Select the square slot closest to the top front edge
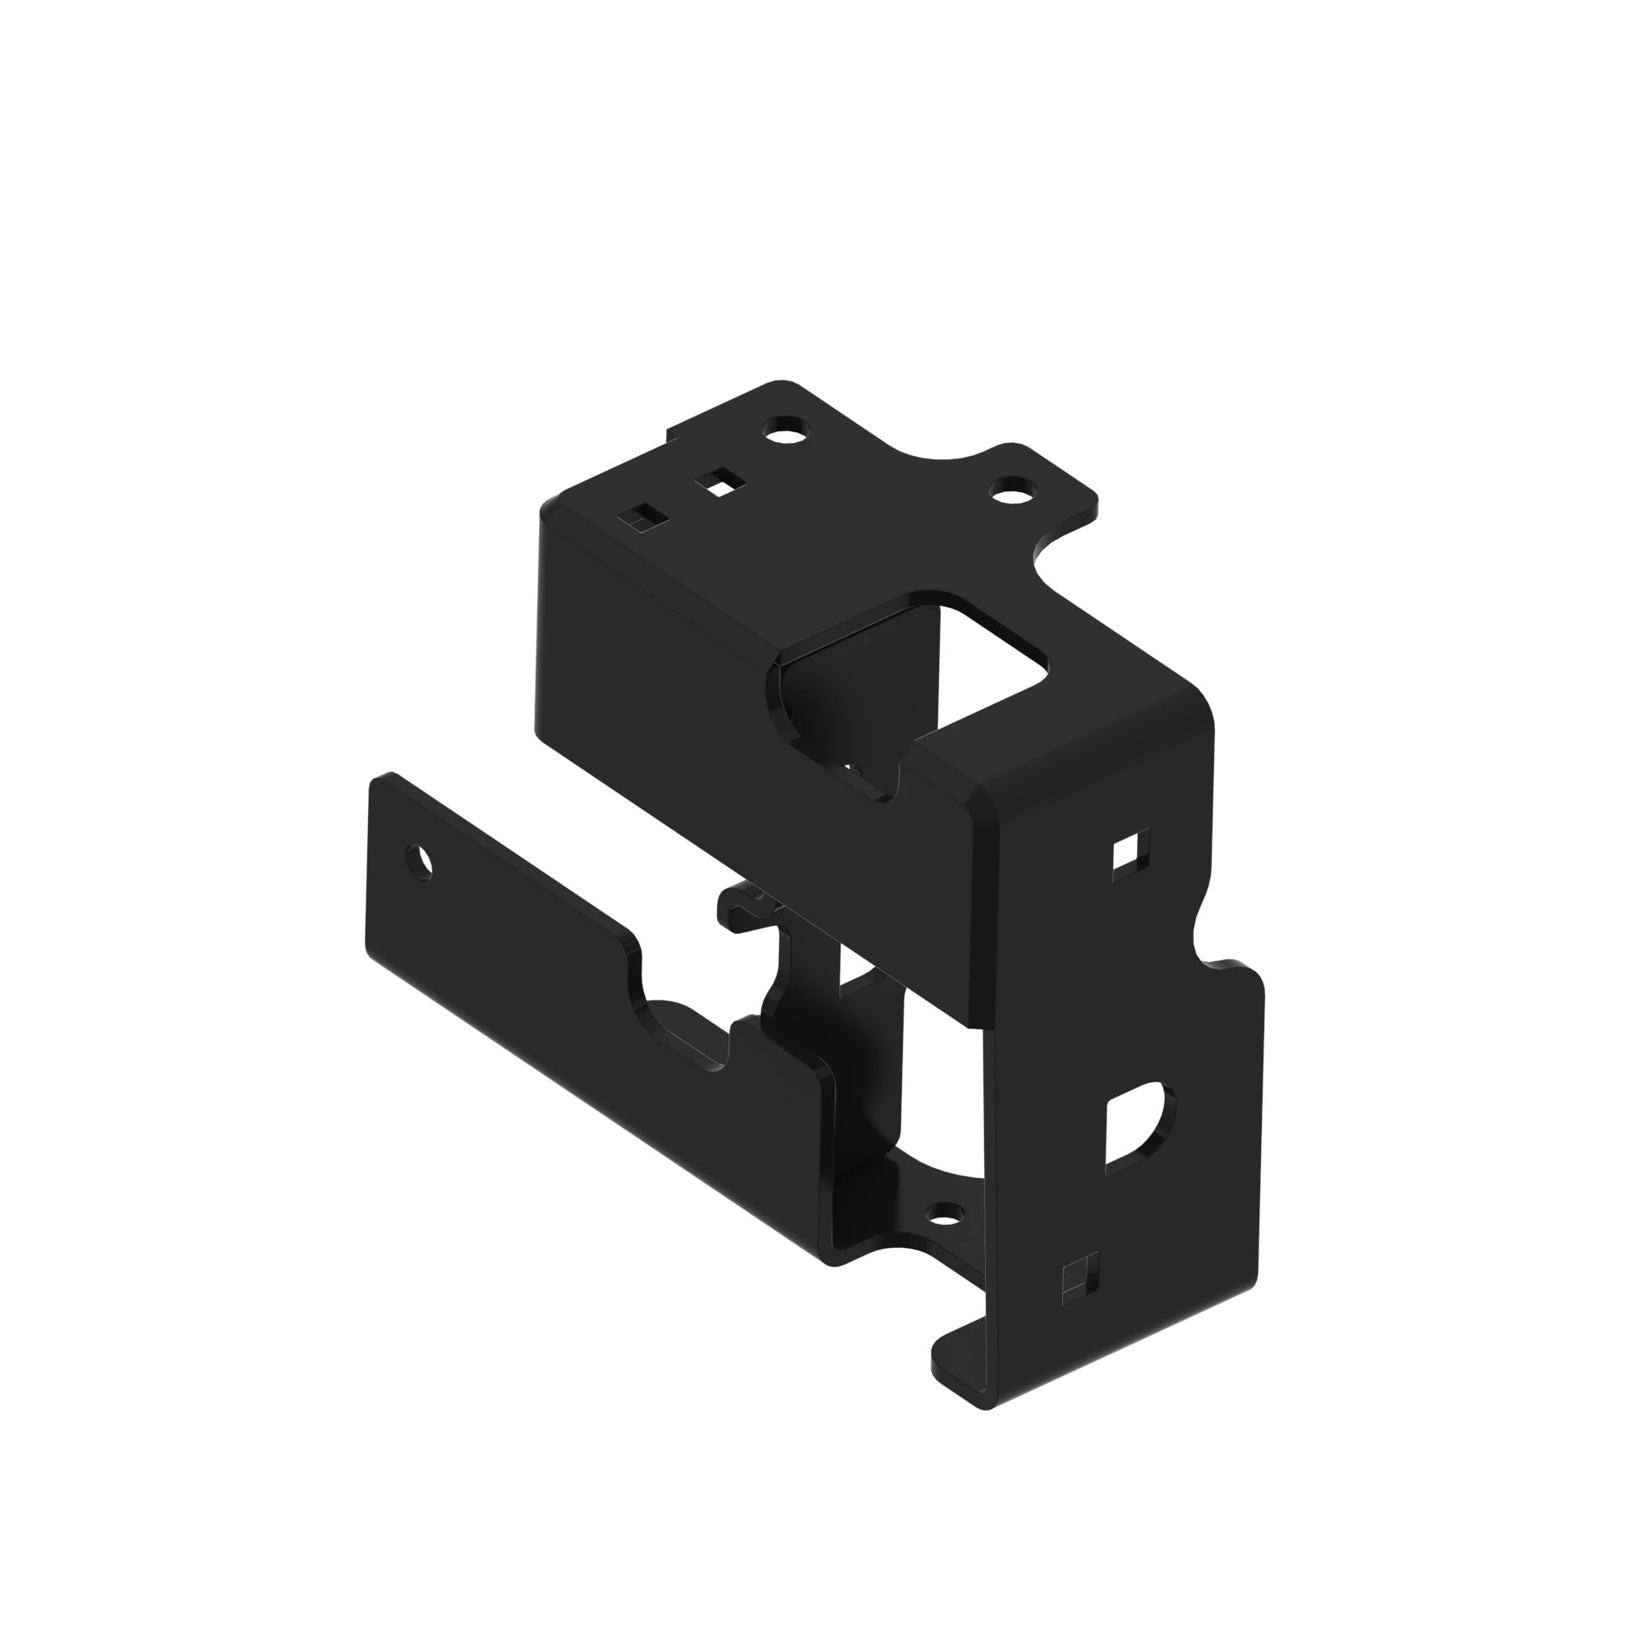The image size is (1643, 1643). (x=642, y=517)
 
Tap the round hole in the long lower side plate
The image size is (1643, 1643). (x=420, y=863)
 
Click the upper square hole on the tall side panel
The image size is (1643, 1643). (x=1130, y=851)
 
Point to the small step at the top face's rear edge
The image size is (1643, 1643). (x=672, y=434)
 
